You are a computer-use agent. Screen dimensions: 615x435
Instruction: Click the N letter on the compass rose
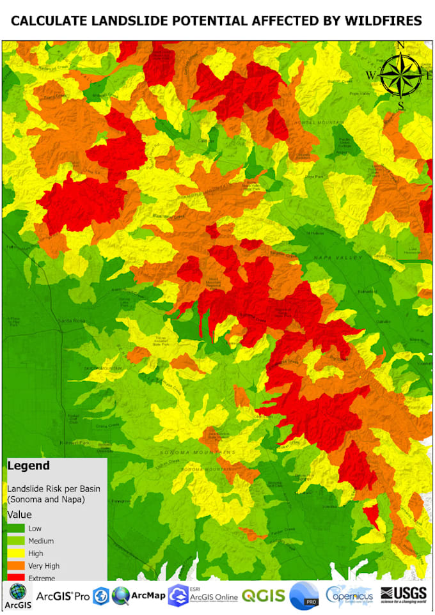coord(401,45)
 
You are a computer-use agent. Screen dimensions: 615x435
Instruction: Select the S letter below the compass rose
coord(400,105)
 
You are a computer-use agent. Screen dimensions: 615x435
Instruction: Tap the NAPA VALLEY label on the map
coord(338,257)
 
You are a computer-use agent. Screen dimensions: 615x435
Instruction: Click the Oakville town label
coord(383,322)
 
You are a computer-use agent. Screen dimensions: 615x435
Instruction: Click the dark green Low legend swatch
coord(16,528)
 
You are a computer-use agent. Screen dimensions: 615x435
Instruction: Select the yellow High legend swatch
coord(16,553)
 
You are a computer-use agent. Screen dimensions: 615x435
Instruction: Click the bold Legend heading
coord(29,466)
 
